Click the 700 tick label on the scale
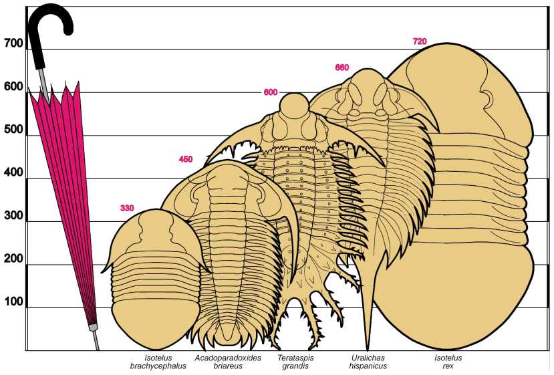14,43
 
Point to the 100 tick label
14,302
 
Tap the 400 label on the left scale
14,172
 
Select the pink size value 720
420,41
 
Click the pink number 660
342,67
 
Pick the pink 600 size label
270,92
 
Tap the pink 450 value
186,159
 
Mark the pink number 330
127,208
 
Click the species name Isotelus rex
448,362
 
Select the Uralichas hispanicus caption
368,362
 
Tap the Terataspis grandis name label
295,362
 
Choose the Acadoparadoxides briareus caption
228,362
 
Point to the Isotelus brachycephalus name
158,362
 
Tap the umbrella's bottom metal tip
96,340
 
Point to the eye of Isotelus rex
488,99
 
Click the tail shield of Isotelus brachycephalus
155,324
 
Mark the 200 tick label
14,259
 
